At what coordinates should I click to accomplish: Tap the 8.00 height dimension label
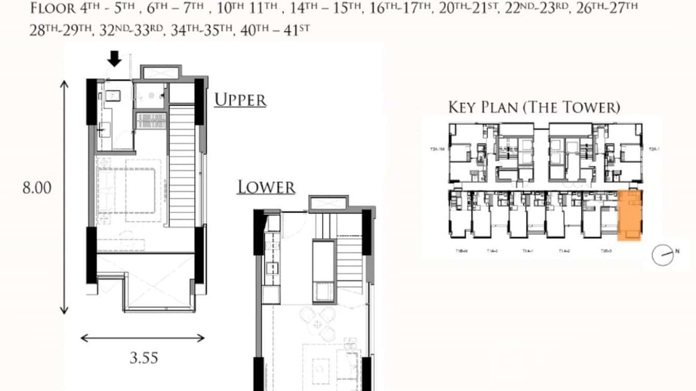36,188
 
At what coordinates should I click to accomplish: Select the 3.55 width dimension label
143,358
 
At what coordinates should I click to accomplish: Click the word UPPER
240,100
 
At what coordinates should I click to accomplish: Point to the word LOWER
266,187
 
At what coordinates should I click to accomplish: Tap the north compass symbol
663,255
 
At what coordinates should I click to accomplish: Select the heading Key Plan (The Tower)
534,107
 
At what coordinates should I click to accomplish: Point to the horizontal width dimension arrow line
143,339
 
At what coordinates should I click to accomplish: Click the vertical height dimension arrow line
64,197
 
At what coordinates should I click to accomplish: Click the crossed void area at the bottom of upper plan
147,283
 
